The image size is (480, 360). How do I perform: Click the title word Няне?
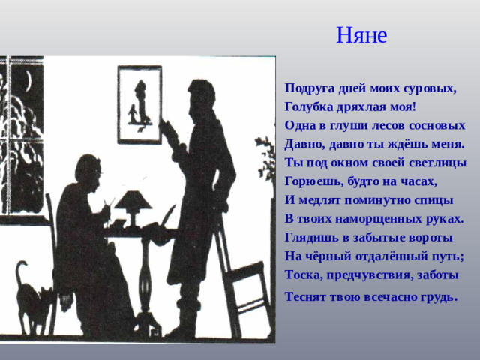pyautogui.click(x=361, y=35)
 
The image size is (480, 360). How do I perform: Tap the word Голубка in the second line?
pyautogui.click(x=308, y=106)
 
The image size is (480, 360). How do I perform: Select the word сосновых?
pyautogui.click(x=440, y=125)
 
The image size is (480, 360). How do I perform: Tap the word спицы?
pyautogui.click(x=434, y=200)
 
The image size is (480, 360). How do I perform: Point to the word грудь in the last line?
pyautogui.click(x=436, y=295)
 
